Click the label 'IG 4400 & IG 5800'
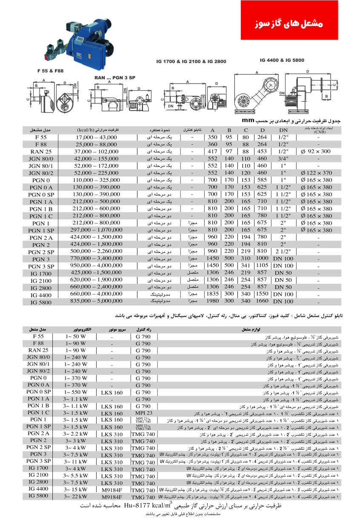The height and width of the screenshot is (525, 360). coord(282,60)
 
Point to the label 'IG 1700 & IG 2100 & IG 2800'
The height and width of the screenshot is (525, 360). coord(191,62)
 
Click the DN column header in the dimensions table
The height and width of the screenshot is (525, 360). coord(283,130)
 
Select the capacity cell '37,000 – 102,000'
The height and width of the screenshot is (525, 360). coord(97,152)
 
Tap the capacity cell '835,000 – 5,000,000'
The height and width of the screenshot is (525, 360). coord(97,301)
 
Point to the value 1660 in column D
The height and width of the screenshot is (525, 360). coord(262,301)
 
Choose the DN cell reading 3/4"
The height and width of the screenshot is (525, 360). coord(283,158)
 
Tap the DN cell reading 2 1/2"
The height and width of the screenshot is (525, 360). coord(283,251)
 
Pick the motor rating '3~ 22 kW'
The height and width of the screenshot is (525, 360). coord(76,496)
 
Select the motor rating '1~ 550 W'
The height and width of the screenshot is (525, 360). coord(76,392)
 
